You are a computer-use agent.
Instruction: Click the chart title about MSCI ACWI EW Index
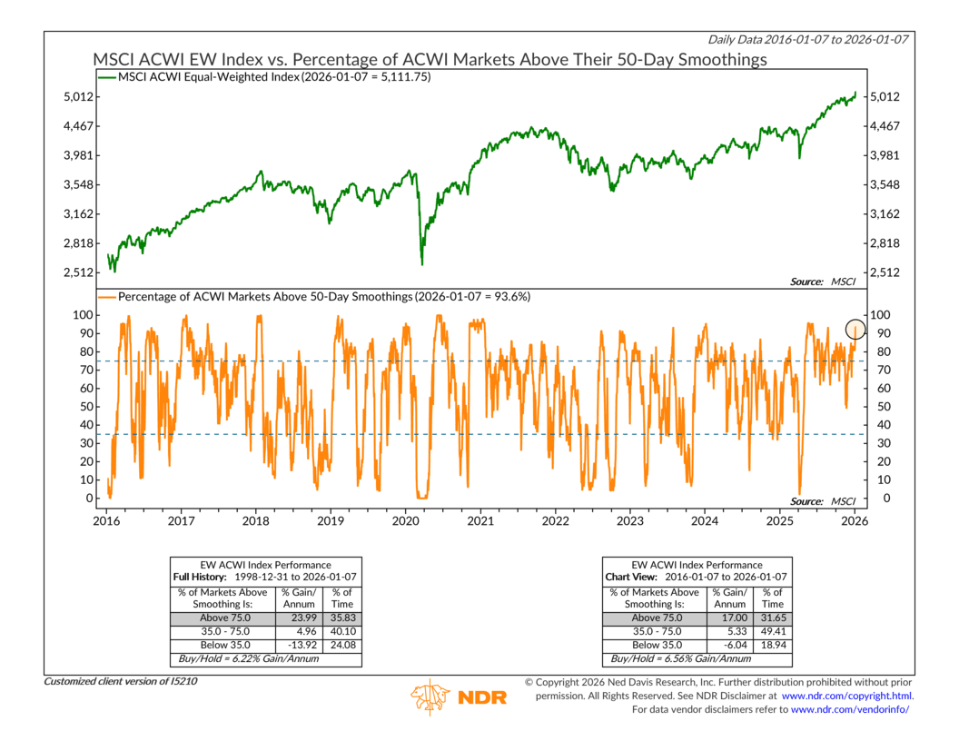point(430,60)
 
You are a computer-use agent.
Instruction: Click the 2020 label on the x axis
point(405,521)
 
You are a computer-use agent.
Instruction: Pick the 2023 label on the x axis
point(629,521)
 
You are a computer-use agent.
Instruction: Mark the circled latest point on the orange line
point(855,330)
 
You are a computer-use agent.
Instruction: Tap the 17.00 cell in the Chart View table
point(728,617)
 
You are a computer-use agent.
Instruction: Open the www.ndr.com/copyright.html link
point(847,696)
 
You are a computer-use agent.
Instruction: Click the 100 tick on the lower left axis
point(80,314)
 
